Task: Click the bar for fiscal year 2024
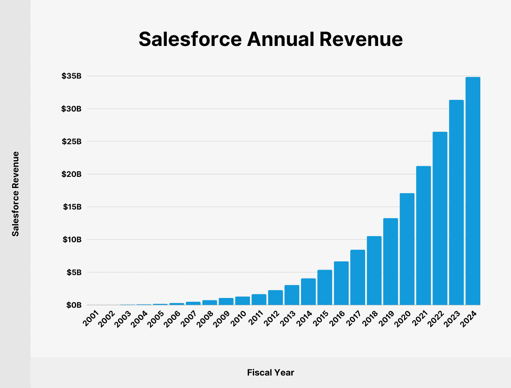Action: point(472,191)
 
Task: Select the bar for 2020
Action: point(407,249)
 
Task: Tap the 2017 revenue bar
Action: point(358,277)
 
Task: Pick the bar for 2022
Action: point(440,218)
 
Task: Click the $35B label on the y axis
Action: point(72,76)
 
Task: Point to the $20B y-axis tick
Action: point(72,174)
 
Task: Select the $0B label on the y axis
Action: point(73,305)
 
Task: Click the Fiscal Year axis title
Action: point(270,372)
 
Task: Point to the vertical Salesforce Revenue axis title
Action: point(16,194)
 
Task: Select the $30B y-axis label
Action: point(72,109)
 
